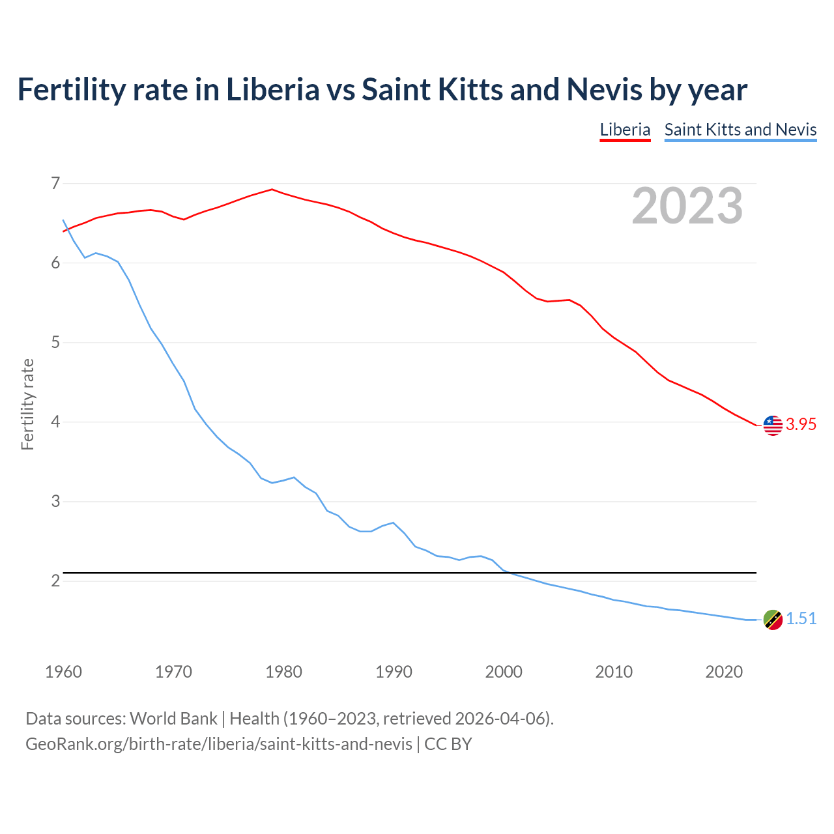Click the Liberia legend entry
(x=625, y=130)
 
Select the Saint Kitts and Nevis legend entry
(x=740, y=130)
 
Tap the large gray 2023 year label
(x=687, y=206)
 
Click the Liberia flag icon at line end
(x=772, y=425)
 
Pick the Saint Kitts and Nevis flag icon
(x=772, y=620)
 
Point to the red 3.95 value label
(x=801, y=425)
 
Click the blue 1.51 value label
(x=801, y=619)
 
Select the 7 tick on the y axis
(x=55, y=183)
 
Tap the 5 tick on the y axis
(x=55, y=342)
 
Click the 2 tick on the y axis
(x=55, y=581)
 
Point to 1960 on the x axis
(x=63, y=672)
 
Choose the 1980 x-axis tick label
(x=283, y=672)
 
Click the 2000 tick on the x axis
(x=504, y=672)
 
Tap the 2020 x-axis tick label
(x=724, y=672)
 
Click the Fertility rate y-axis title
(x=27, y=404)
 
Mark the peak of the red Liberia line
(x=272, y=190)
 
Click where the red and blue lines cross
(x=67, y=229)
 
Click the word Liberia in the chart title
(x=272, y=89)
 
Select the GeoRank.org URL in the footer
(x=219, y=744)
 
